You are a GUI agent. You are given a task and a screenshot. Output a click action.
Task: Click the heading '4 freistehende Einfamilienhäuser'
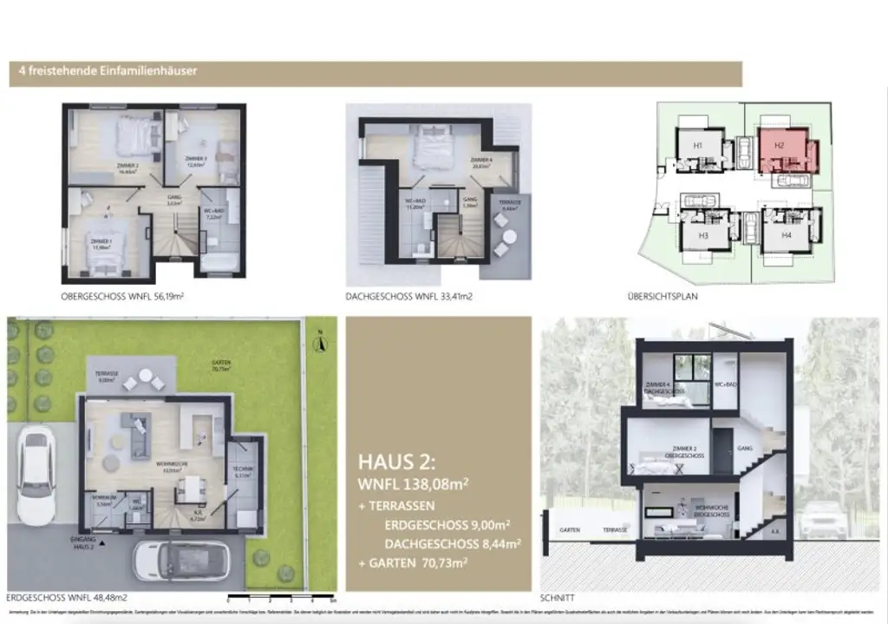pyautogui.click(x=102, y=71)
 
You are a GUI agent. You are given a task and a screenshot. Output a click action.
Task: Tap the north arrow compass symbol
pyautogui.click(x=320, y=344)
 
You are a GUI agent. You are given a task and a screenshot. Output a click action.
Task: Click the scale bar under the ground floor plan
pyautogui.click(x=280, y=598)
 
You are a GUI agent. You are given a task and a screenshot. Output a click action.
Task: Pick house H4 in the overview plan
pyautogui.click(x=786, y=235)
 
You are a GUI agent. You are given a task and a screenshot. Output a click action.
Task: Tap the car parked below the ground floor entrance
pyautogui.click(x=180, y=561)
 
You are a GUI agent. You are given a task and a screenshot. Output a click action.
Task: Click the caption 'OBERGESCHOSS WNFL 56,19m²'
pyautogui.click(x=122, y=296)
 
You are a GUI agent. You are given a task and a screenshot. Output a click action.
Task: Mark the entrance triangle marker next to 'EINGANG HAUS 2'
pyautogui.click(x=103, y=543)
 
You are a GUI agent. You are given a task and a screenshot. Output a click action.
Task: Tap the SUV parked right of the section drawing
pyautogui.click(x=819, y=519)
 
